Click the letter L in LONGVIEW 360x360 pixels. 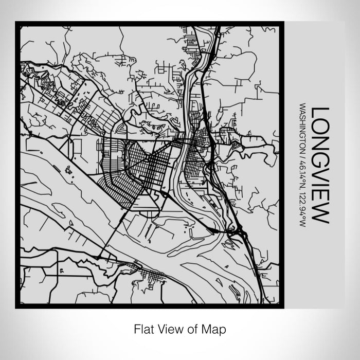(320, 113)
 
